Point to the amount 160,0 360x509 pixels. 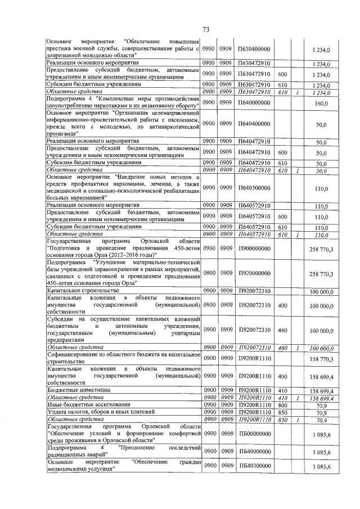[x=321, y=103]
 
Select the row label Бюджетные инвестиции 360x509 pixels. [x=78, y=389]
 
